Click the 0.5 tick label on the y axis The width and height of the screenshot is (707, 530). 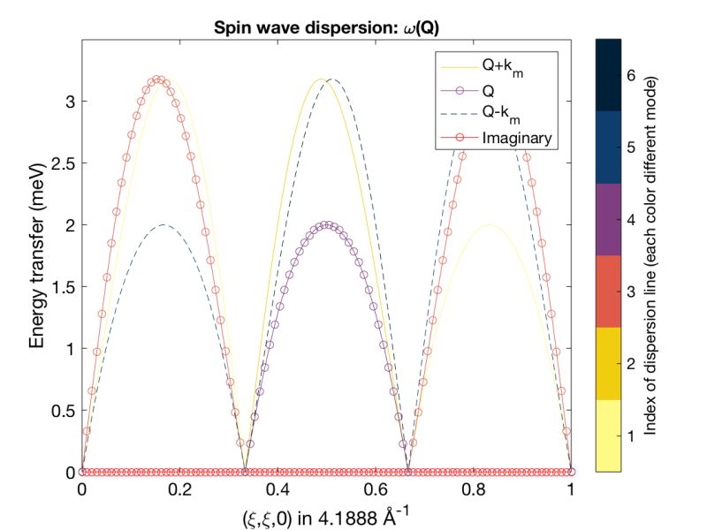point(61,411)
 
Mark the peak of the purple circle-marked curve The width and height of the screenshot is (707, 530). point(327,224)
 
